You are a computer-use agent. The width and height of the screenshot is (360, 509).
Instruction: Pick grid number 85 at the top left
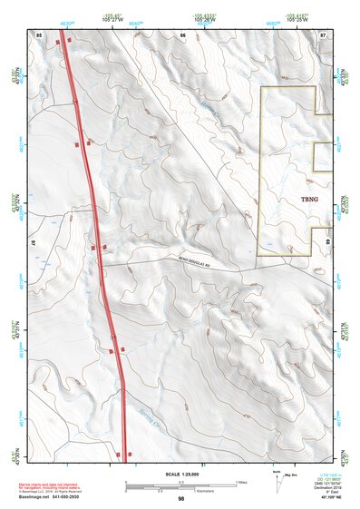[39, 34]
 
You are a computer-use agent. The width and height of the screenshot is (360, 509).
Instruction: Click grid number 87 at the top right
[324, 34]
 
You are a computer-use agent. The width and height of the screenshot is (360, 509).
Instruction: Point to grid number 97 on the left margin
[34, 245]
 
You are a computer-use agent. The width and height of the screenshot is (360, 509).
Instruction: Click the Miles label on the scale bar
[241, 481]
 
